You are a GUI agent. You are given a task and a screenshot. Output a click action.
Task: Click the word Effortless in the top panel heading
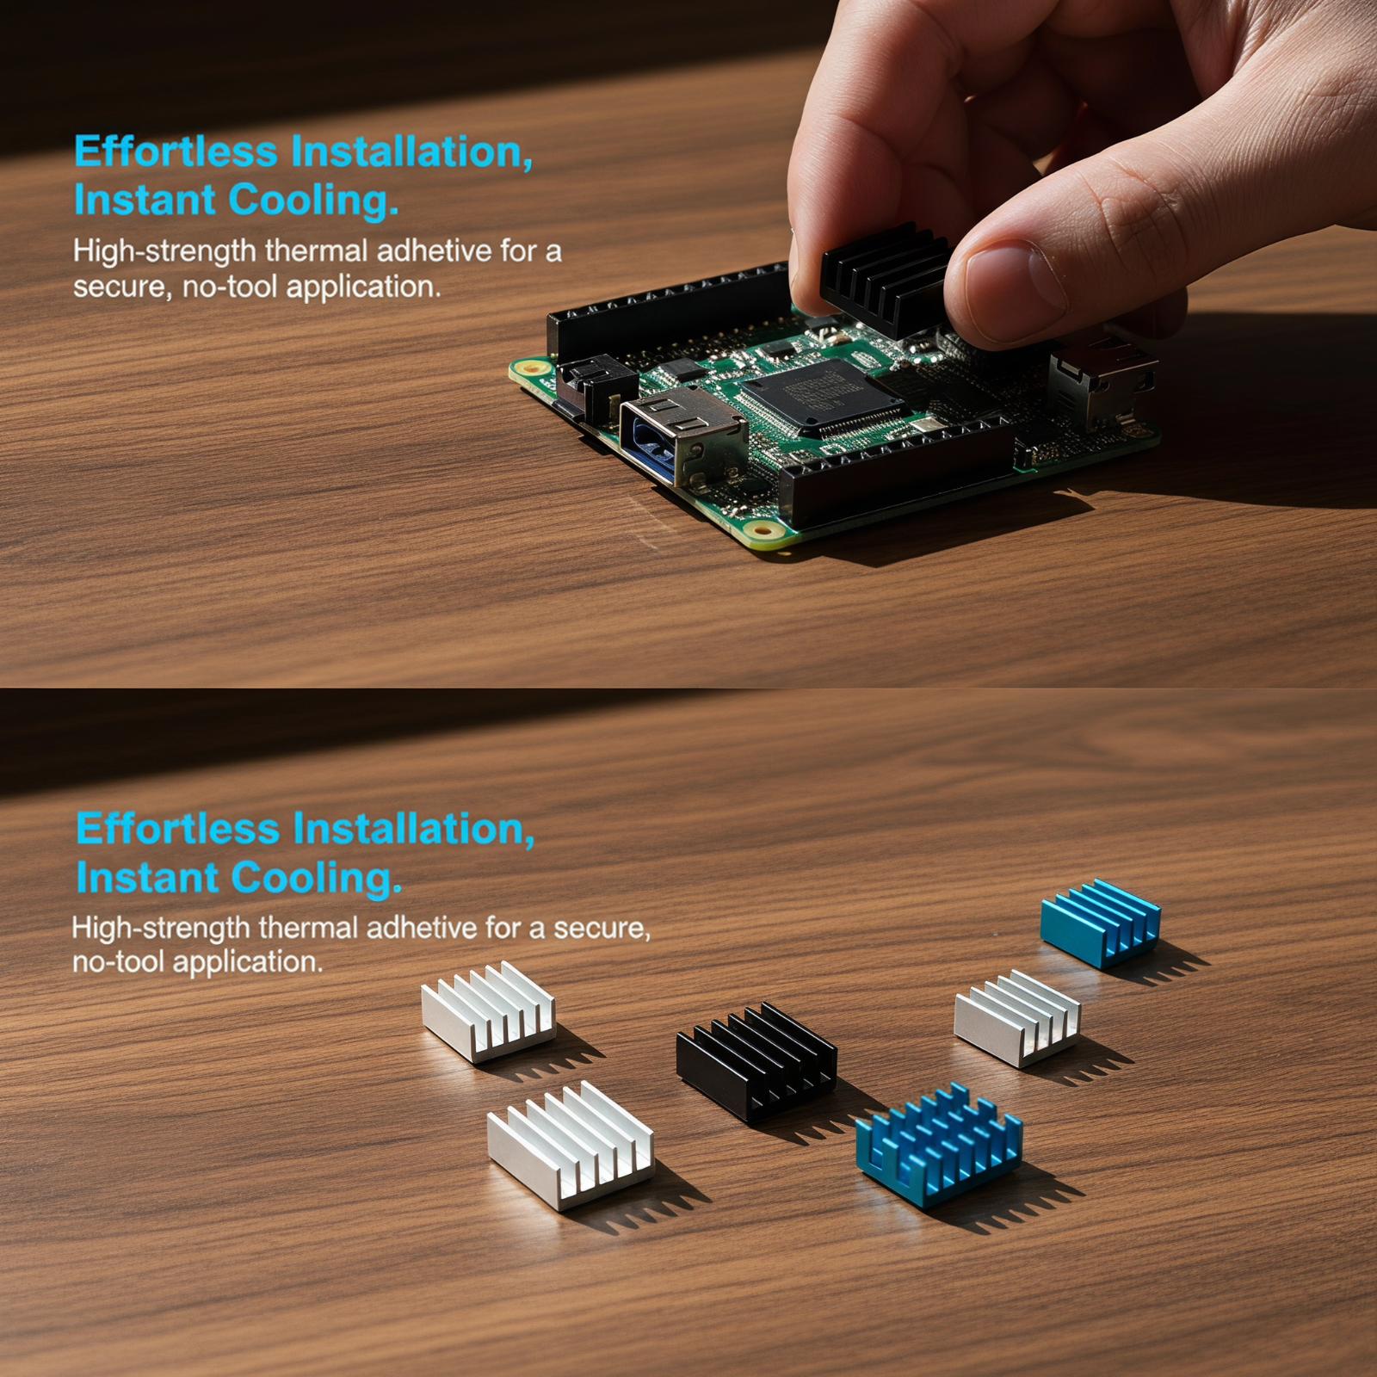click(x=176, y=151)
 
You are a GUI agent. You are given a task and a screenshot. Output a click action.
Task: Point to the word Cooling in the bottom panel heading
click(x=317, y=879)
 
